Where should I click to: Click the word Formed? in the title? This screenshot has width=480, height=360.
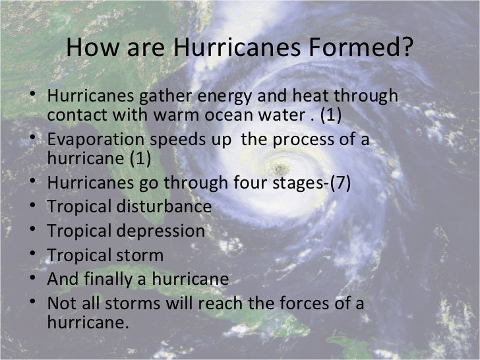click(x=365, y=48)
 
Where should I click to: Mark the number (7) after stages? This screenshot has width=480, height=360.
click(x=339, y=183)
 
